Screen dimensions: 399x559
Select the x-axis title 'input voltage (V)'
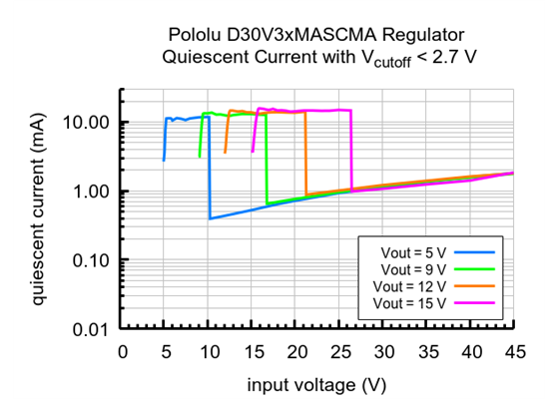pyautogui.click(x=317, y=383)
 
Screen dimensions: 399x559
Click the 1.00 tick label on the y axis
pyautogui.click(x=92, y=192)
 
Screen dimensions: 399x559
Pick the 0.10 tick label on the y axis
pyautogui.click(x=92, y=260)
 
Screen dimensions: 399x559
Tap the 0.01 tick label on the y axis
pyautogui.click(x=92, y=329)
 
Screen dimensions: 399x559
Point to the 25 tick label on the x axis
pyautogui.click(x=340, y=350)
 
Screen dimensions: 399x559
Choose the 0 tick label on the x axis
pyautogui.click(x=122, y=350)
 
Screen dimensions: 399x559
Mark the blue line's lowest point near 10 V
pyautogui.click(x=210, y=218)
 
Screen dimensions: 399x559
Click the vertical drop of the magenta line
pyautogui.click(x=351, y=150)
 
